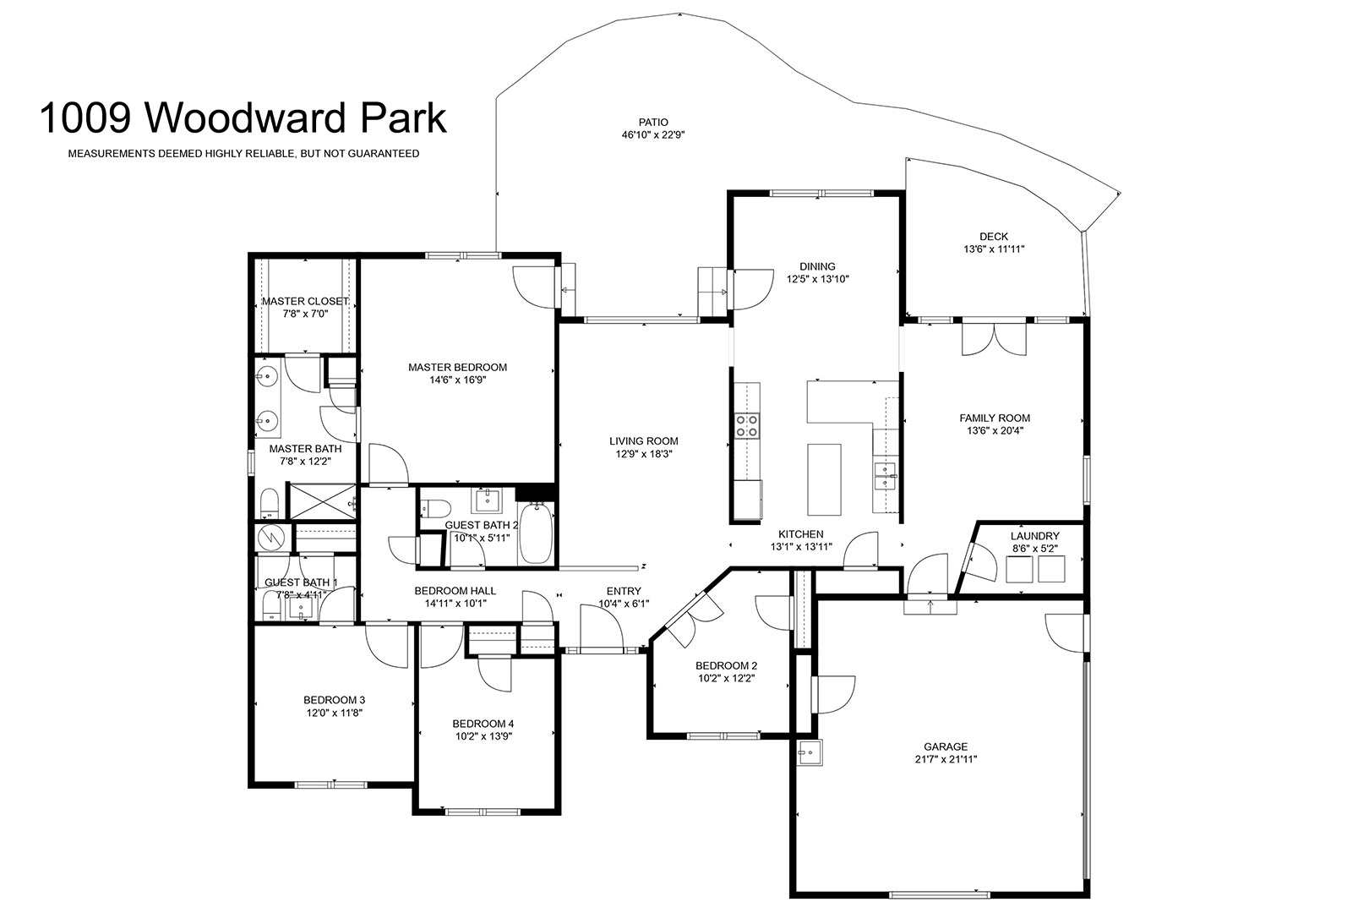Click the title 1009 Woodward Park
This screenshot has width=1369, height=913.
[x=243, y=118]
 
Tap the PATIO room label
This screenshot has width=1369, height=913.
[x=653, y=123]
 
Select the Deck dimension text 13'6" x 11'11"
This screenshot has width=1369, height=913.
[x=994, y=249]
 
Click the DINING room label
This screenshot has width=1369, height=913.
[x=817, y=266]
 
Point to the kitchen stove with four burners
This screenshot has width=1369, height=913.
[x=747, y=425]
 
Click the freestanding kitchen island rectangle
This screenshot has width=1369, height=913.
[x=824, y=479]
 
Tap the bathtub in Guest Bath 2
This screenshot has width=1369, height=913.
[x=536, y=533]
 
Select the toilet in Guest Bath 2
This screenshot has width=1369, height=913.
[x=436, y=507]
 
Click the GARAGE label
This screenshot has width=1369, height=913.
[x=946, y=746]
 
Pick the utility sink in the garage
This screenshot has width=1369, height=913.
[x=810, y=752]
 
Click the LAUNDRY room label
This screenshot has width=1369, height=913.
[x=1034, y=536]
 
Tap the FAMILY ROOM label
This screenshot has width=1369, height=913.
[x=995, y=418]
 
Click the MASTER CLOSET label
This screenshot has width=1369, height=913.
[x=305, y=302]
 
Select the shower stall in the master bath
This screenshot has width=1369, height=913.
[x=322, y=501]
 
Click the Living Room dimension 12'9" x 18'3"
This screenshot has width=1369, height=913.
[x=644, y=454]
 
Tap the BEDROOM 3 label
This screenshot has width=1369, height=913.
[x=335, y=700]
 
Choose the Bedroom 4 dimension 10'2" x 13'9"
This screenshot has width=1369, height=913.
[x=483, y=737]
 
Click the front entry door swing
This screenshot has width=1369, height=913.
[x=602, y=626]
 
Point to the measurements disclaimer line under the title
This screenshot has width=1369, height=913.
[x=243, y=154]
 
